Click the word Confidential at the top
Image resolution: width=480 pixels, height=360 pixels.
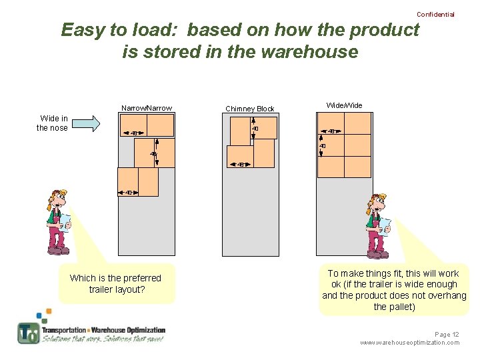(x=435, y=14)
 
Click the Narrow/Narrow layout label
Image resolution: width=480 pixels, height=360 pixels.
(x=147, y=108)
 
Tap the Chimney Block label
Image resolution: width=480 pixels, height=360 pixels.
(x=249, y=109)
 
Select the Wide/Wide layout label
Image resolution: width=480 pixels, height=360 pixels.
(x=344, y=105)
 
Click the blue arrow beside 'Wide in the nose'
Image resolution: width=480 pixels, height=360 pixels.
(x=85, y=123)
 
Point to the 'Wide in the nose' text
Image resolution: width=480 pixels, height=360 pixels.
(x=52, y=123)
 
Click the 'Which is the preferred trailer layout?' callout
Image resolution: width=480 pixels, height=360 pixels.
(x=116, y=284)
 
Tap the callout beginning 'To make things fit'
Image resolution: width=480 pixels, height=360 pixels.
(x=393, y=290)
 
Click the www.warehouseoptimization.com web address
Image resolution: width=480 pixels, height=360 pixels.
(x=409, y=343)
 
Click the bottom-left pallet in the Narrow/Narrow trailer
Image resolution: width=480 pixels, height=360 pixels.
(x=128, y=181)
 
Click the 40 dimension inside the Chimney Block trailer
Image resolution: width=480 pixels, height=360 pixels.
(x=255, y=129)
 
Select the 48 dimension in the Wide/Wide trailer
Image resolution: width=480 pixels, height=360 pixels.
(x=331, y=131)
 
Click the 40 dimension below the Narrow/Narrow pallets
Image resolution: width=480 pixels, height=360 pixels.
(x=129, y=193)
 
